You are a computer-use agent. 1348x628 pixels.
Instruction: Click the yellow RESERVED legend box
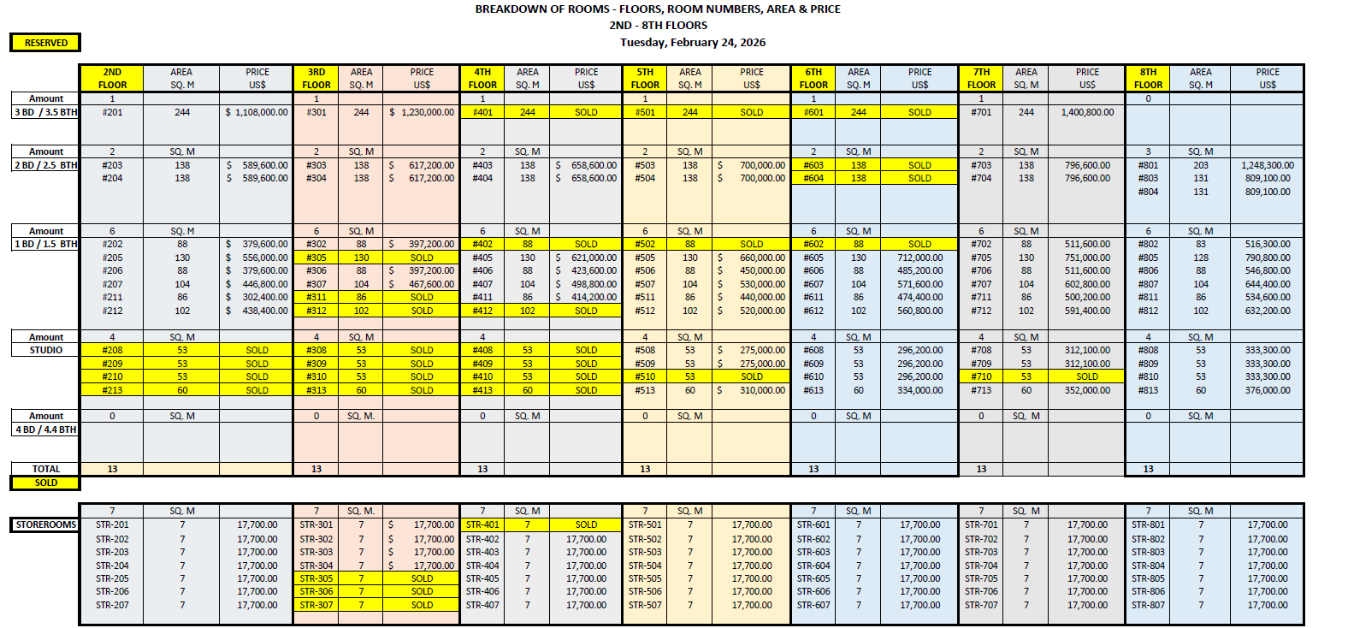click(x=45, y=43)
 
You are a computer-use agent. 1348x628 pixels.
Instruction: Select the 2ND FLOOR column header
click(x=112, y=79)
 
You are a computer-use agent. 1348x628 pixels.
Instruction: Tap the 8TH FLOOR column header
click(x=1148, y=79)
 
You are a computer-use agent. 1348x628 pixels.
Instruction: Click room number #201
click(x=112, y=112)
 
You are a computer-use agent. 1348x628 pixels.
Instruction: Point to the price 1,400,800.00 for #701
click(x=1087, y=112)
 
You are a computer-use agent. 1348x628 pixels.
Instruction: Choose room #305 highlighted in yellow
click(x=316, y=258)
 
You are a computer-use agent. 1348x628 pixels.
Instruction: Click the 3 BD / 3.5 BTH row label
click(x=46, y=112)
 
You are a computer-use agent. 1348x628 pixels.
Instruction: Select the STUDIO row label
click(x=46, y=350)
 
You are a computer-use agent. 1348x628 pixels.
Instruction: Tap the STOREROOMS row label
click(x=46, y=524)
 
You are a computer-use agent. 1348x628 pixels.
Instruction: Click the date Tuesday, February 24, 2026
click(x=693, y=42)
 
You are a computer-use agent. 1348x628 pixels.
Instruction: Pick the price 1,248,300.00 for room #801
click(x=1268, y=165)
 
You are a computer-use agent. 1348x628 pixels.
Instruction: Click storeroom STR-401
click(x=482, y=524)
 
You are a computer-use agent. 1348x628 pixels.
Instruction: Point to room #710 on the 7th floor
click(x=981, y=376)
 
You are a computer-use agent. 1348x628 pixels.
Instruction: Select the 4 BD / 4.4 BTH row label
click(x=46, y=430)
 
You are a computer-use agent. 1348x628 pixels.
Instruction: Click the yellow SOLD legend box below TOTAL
click(x=46, y=483)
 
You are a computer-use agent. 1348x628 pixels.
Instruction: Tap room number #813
click(x=1148, y=390)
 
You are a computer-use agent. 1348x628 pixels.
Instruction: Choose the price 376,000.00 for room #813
click(x=1268, y=390)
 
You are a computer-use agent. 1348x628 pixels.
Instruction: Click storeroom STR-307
click(x=316, y=605)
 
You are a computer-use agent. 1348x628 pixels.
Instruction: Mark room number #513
click(x=645, y=390)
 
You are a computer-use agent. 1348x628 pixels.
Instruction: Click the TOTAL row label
click(x=46, y=469)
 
